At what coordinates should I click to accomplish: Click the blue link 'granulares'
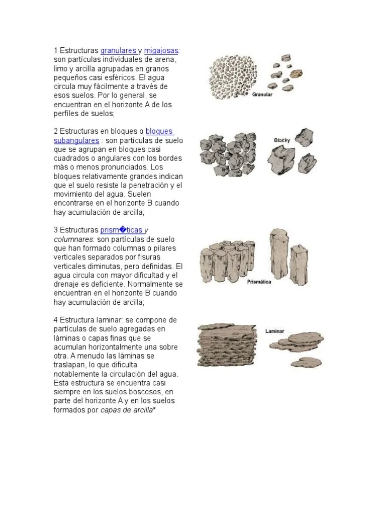[x=118, y=51]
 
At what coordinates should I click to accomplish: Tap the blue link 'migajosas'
[x=161, y=51]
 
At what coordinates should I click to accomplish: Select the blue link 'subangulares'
[x=76, y=140]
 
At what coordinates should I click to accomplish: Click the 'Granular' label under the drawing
[x=262, y=95]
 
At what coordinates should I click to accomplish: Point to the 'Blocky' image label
[x=282, y=140]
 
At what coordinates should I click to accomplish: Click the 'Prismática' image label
[x=259, y=282]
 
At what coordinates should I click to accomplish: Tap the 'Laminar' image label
[x=275, y=331]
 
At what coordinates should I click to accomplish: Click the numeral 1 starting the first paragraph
[x=56, y=51]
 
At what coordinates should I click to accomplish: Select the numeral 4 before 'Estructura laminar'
[x=56, y=320]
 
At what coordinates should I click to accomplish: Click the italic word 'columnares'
[x=73, y=239]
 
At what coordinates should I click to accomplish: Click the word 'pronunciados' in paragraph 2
[x=118, y=167]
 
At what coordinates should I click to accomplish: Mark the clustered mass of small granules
[x=232, y=78]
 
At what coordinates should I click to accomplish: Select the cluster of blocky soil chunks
[x=228, y=154]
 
